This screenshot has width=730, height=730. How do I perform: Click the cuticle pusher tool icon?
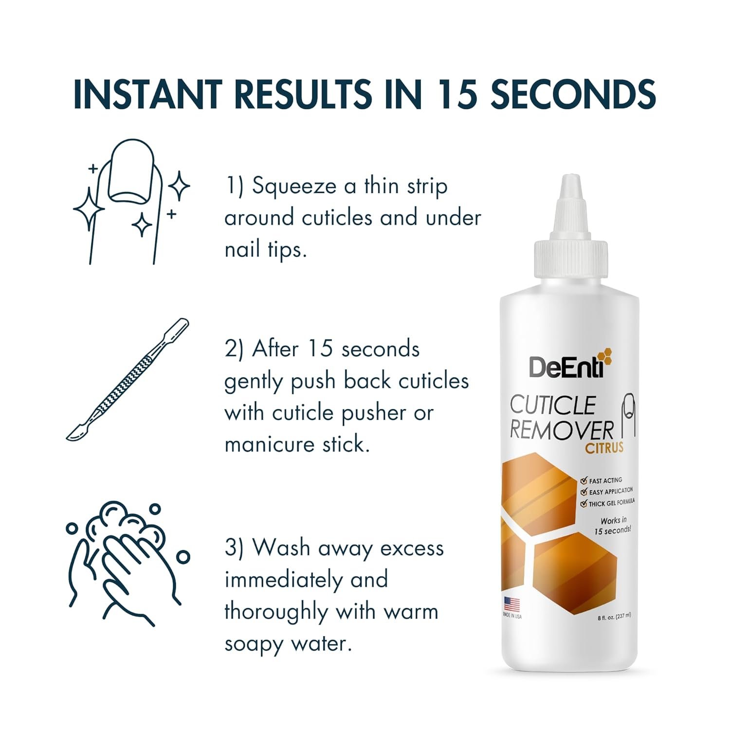[x=127, y=380]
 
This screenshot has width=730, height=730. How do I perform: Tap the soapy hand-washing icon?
[x=128, y=562]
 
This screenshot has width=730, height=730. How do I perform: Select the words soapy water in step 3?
[x=288, y=643]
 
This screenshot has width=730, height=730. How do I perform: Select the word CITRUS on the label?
[x=604, y=448]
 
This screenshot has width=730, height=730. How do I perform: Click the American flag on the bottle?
[x=511, y=604]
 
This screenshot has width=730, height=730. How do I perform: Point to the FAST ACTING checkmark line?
[x=602, y=481]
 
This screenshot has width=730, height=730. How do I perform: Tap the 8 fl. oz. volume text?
[x=614, y=616]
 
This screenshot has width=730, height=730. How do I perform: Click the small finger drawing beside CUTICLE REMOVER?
[x=629, y=414]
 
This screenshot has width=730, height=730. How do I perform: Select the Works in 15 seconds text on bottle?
[x=613, y=526]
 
